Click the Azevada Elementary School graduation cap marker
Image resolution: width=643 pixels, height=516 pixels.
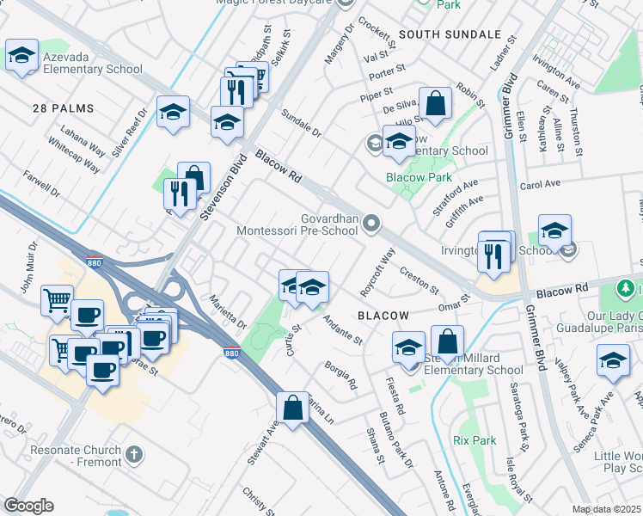22,57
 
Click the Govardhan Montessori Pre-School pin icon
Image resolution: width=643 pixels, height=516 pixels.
371,224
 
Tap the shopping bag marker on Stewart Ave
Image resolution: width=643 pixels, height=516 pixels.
293,408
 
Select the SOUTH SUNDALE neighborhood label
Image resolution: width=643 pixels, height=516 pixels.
449,34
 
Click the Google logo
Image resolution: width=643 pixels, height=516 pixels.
28,506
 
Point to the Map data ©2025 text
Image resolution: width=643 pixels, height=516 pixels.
606,509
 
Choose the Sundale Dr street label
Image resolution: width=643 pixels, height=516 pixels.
301,123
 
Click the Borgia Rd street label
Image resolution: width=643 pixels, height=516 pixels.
340,378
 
